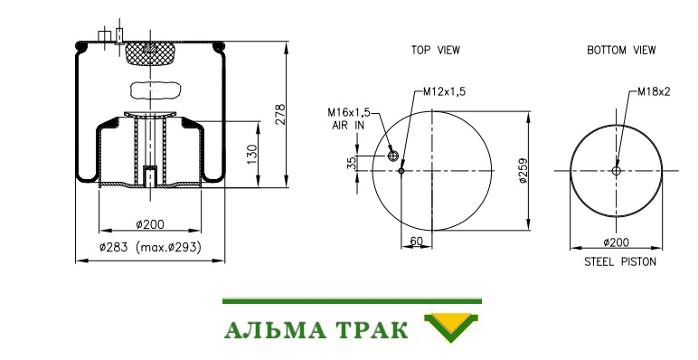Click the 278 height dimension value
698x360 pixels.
[x=280, y=115]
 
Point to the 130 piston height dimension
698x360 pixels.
[x=252, y=154]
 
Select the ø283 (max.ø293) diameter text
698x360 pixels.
[x=150, y=247]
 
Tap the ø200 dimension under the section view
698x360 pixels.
[x=150, y=224]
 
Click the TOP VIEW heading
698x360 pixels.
[x=436, y=50]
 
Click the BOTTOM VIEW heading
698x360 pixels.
[x=621, y=50]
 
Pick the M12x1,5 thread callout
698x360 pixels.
[x=444, y=91]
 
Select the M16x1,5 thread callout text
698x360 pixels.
[x=349, y=112]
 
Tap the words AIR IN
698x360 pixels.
[x=348, y=126]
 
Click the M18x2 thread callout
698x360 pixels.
[x=654, y=91]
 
